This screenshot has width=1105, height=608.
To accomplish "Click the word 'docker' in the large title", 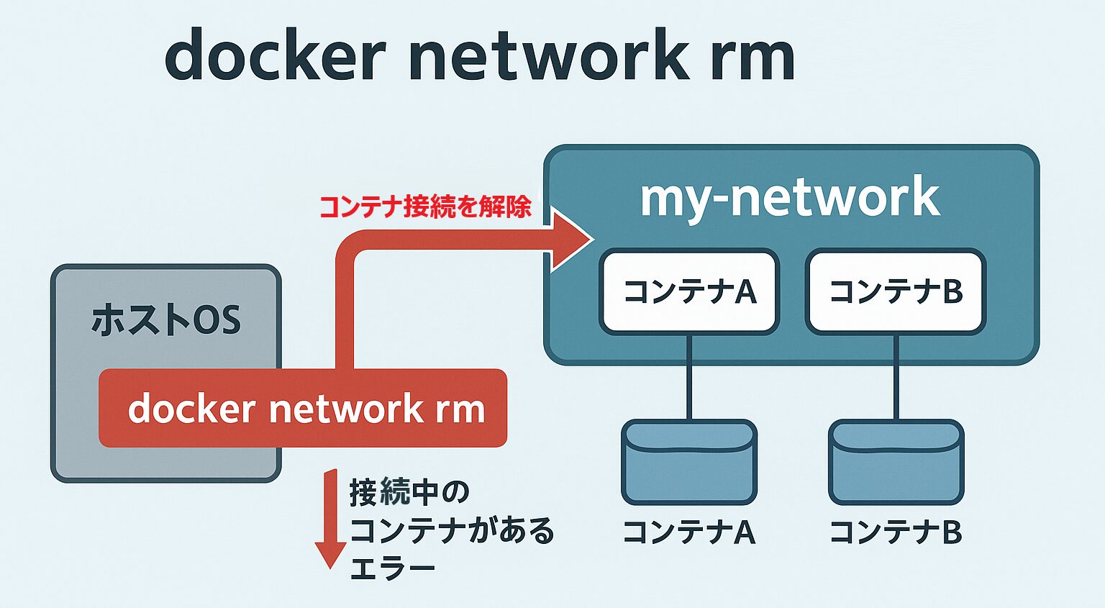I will coord(275,56).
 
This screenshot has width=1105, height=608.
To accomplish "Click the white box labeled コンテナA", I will coord(689,291).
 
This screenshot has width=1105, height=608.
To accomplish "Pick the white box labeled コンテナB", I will coord(896,291).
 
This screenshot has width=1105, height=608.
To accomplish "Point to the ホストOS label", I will coord(165,320).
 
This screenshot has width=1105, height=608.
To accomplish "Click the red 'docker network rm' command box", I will coord(303,408).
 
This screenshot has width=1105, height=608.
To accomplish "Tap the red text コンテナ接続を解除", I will coord(424,207).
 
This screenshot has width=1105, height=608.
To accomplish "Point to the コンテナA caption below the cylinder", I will coord(689,532).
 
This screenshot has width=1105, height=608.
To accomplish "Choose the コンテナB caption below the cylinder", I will coord(896,532).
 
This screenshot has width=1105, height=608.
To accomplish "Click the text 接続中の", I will coord(409,493).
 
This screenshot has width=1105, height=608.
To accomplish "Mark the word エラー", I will coord(393,568).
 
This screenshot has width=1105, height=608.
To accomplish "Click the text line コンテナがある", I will coord(452,531).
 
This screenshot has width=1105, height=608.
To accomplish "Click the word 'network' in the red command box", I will coord(345,409).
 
